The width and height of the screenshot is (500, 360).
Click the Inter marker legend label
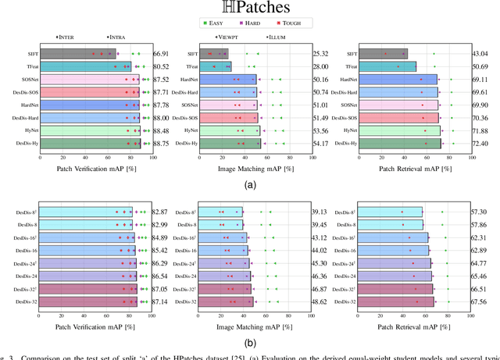[x=66, y=37]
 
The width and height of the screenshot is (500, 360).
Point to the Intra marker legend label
[x=116, y=37]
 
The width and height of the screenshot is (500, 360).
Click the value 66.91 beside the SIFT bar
[x=162, y=54]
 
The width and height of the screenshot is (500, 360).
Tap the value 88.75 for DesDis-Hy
[x=162, y=144]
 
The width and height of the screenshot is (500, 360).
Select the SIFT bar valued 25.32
[x=212, y=54]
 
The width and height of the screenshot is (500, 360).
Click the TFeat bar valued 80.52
[x=86, y=66]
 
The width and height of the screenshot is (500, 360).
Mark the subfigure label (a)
[x=249, y=185]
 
